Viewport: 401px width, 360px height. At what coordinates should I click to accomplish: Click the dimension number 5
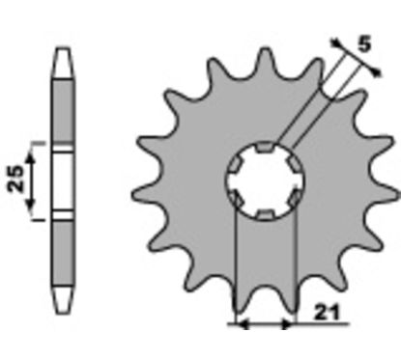coord(364,43)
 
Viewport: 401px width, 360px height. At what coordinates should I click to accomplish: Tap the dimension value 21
coord(327,312)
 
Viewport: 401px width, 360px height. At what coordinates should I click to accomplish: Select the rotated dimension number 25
coord(16,179)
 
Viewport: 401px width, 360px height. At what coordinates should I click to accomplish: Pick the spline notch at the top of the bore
coord(265,147)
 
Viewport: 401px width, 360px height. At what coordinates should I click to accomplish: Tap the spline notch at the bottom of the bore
coord(265,214)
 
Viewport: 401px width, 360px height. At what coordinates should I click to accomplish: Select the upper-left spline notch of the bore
coord(235,164)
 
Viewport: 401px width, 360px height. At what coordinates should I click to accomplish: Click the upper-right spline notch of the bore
coord(295,164)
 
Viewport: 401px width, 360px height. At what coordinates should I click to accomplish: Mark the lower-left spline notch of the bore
coord(236,198)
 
